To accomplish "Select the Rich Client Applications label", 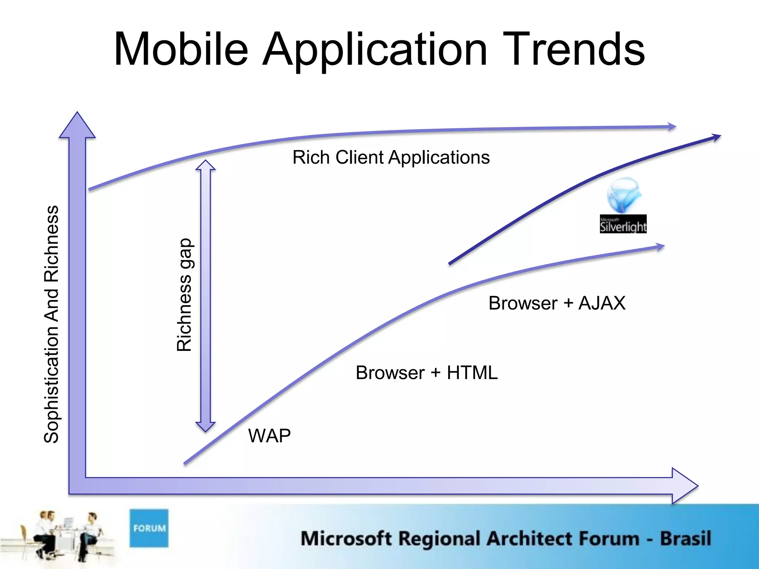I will coord(391,157).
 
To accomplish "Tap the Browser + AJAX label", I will coord(557,303).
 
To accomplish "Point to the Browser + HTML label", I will coord(426,373).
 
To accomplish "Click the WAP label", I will coord(269,436).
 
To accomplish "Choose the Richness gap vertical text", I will coord(184,295).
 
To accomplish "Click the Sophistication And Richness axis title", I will coord(52,324).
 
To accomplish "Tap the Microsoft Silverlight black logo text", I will coord(623,224).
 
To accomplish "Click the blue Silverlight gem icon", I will coord(624,194).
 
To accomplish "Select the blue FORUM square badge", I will coord(149,528).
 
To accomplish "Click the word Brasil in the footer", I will coord(685,538).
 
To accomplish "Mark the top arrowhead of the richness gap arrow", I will coord(205,165).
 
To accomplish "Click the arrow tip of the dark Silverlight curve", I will coord(717,137).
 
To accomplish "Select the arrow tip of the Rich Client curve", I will coord(673,127).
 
